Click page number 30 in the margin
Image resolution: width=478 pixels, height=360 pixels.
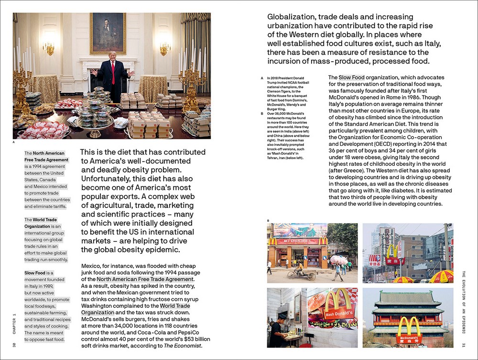point(14,345)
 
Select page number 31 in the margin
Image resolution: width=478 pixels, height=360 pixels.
point(463,345)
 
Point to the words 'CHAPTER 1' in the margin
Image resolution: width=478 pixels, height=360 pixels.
point(14,323)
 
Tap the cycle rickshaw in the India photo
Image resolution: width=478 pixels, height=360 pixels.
point(301,273)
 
